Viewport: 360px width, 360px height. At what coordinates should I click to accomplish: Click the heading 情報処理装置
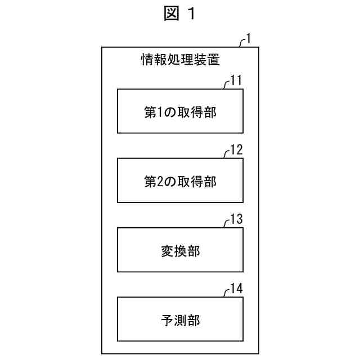pyautogui.click(x=179, y=58)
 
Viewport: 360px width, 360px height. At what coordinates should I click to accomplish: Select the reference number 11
pyautogui.click(x=236, y=80)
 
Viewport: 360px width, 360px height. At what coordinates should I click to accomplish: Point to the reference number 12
pyautogui.click(x=236, y=150)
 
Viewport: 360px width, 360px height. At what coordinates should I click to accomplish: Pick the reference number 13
pyautogui.click(x=236, y=219)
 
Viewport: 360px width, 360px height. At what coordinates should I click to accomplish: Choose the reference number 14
pyautogui.click(x=236, y=289)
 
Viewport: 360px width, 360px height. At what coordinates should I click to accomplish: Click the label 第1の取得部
pyautogui.click(x=180, y=111)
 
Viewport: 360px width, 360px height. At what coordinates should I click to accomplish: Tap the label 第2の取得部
pyautogui.click(x=180, y=181)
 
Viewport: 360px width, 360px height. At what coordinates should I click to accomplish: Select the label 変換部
pyautogui.click(x=180, y=251)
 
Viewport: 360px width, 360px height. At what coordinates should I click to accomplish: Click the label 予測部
pyautogui.click(x=180, y=321)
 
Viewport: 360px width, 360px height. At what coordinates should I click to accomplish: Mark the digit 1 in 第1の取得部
pyautogui.click(x=158, y=111)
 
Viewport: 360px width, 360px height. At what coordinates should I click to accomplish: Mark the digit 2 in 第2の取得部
pyautogui.click(x=158, y=181)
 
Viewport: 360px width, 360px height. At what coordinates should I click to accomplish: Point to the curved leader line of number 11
pyautogui.click(x=226, y=83)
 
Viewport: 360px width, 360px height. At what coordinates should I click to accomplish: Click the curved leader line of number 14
pyautogui.click(x=226, y=292)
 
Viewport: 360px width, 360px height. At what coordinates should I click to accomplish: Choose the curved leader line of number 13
pyautogui.click(x=226, y=223)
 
